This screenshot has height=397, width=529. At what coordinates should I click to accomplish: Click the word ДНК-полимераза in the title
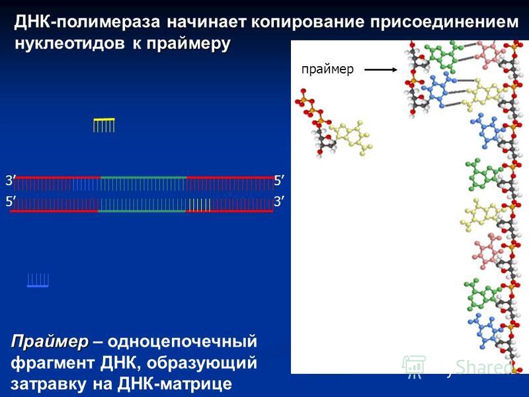point(87,22)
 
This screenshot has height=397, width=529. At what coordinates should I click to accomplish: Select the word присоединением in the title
point(444,22)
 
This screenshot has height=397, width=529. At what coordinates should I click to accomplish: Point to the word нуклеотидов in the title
point(69,43)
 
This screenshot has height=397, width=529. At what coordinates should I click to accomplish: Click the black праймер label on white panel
point(327,69)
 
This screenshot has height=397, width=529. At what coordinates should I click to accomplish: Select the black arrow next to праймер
point(381,70)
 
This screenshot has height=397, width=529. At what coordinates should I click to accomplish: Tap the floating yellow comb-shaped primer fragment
point(104,125)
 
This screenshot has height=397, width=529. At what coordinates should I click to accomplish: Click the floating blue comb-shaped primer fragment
point(38,281)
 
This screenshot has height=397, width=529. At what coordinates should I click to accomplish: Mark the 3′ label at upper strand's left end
point(9,181)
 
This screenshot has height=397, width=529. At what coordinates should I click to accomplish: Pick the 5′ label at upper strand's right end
point(278,181)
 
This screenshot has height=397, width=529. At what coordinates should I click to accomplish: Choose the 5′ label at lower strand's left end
point(9,202)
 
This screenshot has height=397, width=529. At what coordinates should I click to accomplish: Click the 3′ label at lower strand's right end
point(278,202)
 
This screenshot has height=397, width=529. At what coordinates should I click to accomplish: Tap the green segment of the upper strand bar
point(143,177)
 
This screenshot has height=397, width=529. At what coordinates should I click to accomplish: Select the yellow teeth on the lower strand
point(200,205)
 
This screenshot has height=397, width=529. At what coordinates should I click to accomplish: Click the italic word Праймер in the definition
point(49,341)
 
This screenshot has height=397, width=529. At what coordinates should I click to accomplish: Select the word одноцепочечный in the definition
point(183,341)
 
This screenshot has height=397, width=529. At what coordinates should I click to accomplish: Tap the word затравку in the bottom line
point(48,384)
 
